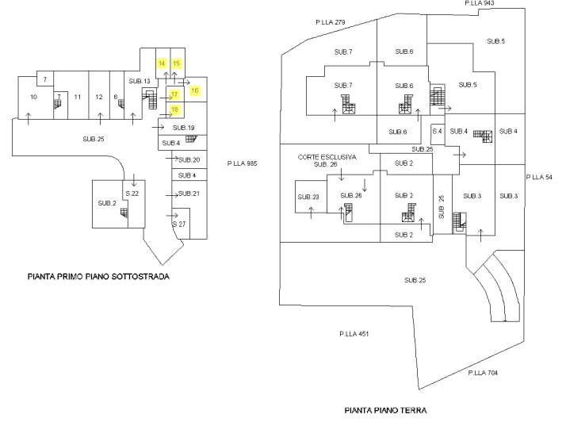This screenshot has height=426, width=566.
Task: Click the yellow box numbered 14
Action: coord(162,63)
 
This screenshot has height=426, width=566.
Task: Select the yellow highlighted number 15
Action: coord(176,63)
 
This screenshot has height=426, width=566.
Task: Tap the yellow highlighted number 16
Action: coord(194,90)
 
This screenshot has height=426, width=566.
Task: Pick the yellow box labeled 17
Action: coord(174,94)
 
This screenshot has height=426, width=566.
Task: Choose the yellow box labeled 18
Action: coord(174,109)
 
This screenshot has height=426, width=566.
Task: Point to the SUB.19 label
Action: coord(183,127)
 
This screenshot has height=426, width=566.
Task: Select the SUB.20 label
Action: coord(188,159)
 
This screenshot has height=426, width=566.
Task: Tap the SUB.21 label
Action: coord(188,194)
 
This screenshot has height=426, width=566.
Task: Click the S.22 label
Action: coord(132,194)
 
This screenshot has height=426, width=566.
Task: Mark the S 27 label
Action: coord(178,225)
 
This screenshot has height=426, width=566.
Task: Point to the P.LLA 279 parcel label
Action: coord(330,21)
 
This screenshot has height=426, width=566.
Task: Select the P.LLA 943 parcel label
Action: coord(480,4)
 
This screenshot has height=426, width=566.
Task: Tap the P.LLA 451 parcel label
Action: coord(354,334)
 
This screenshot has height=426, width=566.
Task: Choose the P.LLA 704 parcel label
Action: coord(482,372)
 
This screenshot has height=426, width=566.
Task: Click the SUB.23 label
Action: coord(308,197)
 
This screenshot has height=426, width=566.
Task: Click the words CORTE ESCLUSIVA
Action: coord(327,157)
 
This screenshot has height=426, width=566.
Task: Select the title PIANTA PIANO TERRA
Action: coord(387,411)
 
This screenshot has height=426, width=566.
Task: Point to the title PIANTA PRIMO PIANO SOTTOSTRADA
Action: coord(101,277)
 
